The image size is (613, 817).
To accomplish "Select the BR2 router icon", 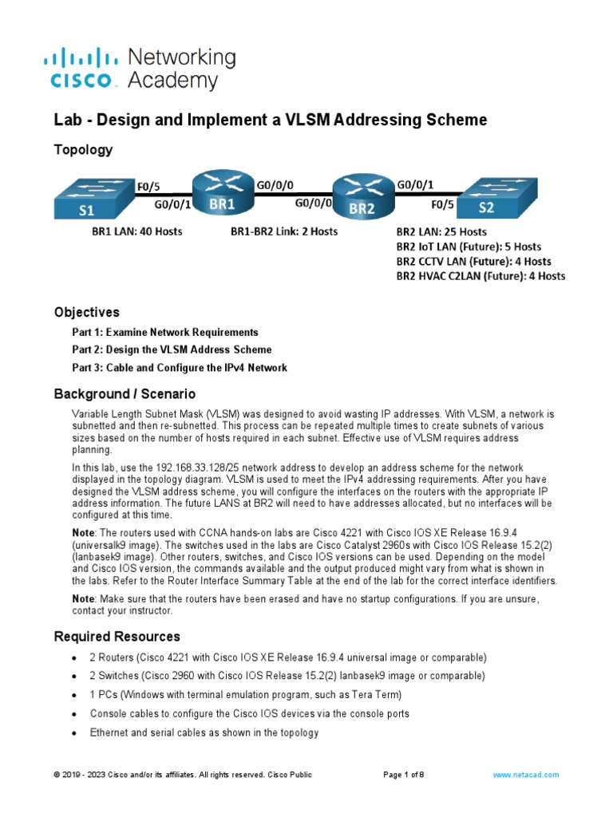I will (x=362, y=197).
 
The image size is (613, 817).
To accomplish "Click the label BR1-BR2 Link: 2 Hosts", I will (x=284, y=232).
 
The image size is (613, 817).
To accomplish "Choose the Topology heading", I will (x=83, y=150).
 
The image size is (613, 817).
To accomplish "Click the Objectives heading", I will (x=86, y=312).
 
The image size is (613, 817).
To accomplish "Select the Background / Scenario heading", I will (x=125, y=394).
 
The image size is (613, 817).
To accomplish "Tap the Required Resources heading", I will (x=117, y=637).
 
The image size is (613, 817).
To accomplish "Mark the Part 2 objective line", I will (x=172, y=349).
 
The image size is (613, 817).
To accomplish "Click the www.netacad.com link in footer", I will (x=525, y=775).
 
